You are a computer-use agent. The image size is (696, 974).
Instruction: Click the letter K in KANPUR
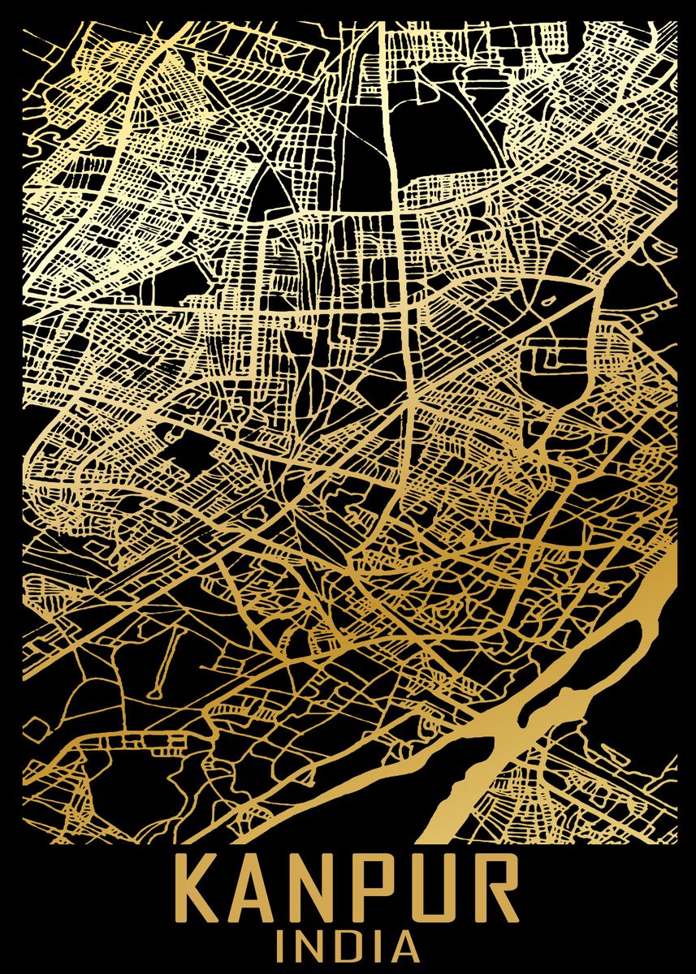pyautogui.click(x=198, y=894)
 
